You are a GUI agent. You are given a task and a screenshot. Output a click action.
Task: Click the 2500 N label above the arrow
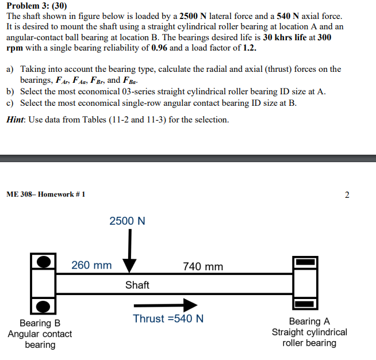pos(127,221)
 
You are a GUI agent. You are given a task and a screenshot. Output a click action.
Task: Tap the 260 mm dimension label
pos(91,266)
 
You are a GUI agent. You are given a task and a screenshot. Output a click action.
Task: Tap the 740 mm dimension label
pos(203,266)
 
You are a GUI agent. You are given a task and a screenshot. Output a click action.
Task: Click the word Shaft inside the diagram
pos(137,285)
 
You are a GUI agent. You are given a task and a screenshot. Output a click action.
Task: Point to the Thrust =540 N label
pos(168,319)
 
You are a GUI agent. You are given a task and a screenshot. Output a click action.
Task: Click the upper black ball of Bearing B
pos(44,262)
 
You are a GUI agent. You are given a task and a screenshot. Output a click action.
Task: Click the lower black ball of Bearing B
pos(44,305)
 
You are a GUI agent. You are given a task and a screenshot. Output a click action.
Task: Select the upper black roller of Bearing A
pos(306,262)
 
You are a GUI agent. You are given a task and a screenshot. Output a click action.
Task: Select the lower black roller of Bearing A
pos(306,303)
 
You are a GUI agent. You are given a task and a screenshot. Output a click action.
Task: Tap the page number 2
pos(347,194)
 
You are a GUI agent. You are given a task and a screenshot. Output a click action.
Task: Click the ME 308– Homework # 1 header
pos(46,194)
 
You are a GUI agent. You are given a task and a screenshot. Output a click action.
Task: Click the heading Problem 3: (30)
pos(37,6)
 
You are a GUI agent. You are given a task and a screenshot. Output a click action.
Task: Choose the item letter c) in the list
pos(10,102)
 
